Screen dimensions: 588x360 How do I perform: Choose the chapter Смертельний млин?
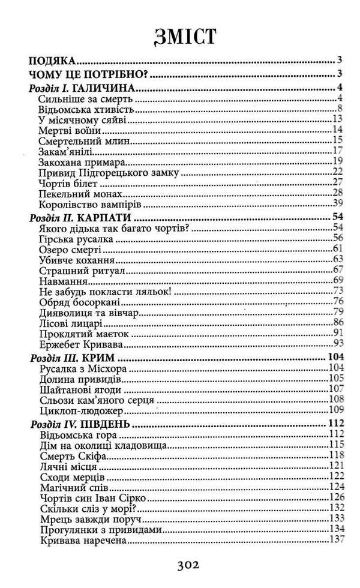coord(77,140)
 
